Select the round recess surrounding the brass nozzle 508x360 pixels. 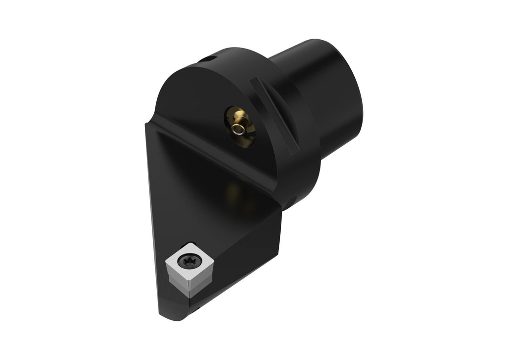pos(240,127)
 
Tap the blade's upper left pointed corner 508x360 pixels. pos(147,125)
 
